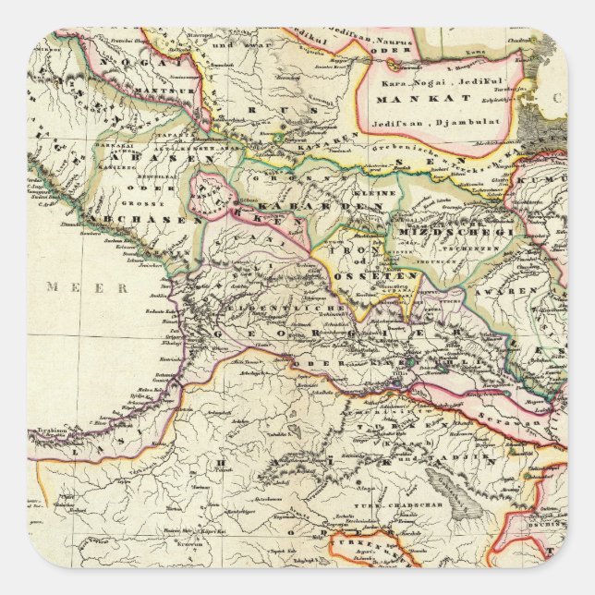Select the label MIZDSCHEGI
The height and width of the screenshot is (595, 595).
(453, 231)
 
